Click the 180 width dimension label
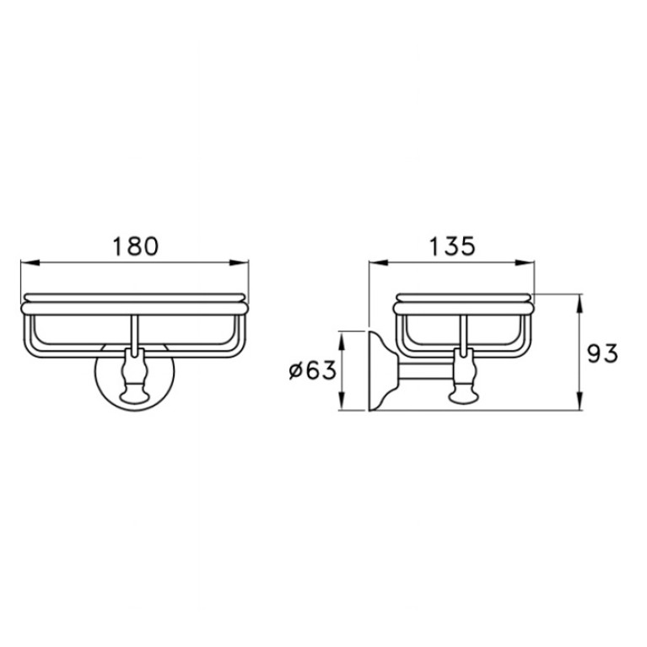coord(135,246)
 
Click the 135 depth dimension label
coord(453,246)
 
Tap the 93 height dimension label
coord(603,353)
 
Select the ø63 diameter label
coord(313,370)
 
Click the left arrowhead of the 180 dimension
coord(30,262)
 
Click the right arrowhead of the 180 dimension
coord(240,262)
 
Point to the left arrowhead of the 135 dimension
coord(379,262)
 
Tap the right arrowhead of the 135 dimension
coord(525,262)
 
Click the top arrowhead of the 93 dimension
coord(580,304)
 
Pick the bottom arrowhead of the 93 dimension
coord(580,401)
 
